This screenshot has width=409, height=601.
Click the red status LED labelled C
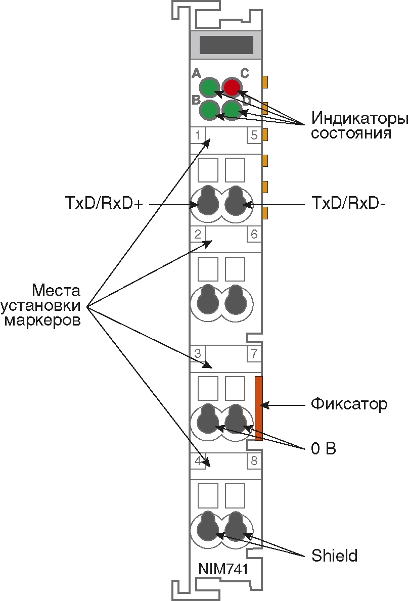232,87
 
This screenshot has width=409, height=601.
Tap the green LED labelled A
208,87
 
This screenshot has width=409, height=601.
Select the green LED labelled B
208,110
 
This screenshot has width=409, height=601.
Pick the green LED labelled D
232,110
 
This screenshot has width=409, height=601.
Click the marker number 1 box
197,135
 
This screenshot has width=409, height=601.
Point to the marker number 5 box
254,135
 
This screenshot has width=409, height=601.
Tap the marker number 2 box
197,234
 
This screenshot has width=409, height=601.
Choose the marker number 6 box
254,234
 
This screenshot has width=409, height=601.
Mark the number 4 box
197,460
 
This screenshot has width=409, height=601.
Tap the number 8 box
254,460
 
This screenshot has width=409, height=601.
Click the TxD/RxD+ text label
104,204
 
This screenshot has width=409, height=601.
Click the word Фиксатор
349,404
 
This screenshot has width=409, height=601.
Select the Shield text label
334,556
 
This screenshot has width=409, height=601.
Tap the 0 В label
324,448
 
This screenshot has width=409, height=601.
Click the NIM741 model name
223,569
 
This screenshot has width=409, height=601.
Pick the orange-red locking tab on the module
258,408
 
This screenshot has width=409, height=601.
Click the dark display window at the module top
226,44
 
